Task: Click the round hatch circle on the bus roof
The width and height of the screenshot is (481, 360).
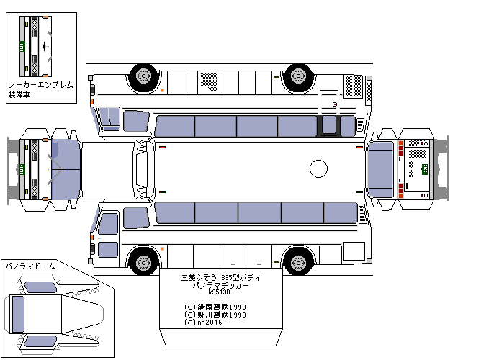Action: click(x=318, y=170)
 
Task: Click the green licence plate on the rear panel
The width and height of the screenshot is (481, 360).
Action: click(x=424, y=169)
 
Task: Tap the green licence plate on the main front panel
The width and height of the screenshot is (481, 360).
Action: click(x=24, y=170)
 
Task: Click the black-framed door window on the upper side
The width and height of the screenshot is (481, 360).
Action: click(x=329, y=125)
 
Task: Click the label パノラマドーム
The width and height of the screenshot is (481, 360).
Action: click(x=30, y=266)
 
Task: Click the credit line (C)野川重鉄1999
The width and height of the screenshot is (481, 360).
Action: click(x=215, y=315)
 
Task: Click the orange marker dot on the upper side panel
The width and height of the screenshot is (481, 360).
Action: click(x=162, y=90)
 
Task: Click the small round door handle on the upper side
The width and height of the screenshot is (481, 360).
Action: click(x=335, y=104)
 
